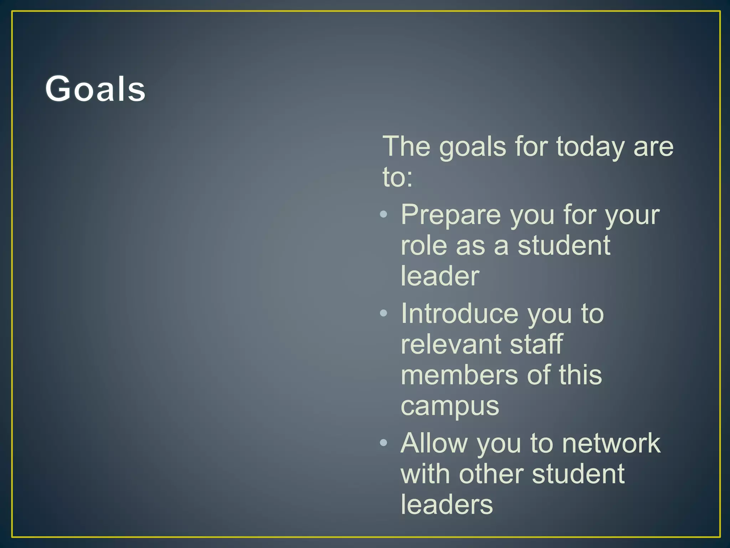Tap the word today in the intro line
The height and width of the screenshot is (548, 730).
click(590, 147)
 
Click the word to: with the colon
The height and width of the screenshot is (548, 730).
click(397, 177)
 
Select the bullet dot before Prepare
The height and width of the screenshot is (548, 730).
click(384, 214)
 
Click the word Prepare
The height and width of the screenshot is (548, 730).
click(451, 215)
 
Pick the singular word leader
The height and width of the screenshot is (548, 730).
click(440, 276)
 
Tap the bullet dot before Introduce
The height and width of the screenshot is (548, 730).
click(384, 313)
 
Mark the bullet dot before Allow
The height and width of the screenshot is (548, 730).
click(384, 443)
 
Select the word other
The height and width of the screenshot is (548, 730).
click(491, 474)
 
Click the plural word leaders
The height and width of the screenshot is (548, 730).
click(447, 505)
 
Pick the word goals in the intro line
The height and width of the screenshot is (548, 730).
click(472, 147)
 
